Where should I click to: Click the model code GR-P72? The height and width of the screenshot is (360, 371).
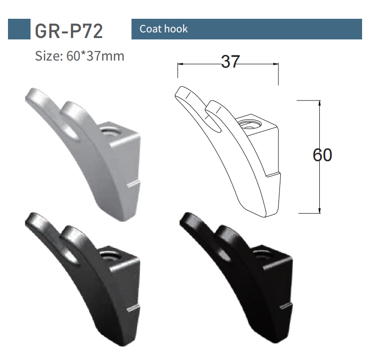tap(69, 30)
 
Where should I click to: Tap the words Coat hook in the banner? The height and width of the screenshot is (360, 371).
tap(163, 29)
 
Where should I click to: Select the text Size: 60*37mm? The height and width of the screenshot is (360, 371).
tap(80, 56)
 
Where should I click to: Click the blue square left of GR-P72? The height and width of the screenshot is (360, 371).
tap(19, 29)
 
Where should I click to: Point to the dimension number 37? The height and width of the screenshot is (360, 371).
tap(230, 62)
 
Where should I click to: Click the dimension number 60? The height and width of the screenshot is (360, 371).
tap(323, 155)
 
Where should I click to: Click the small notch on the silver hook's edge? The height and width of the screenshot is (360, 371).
tap(134, 182)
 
